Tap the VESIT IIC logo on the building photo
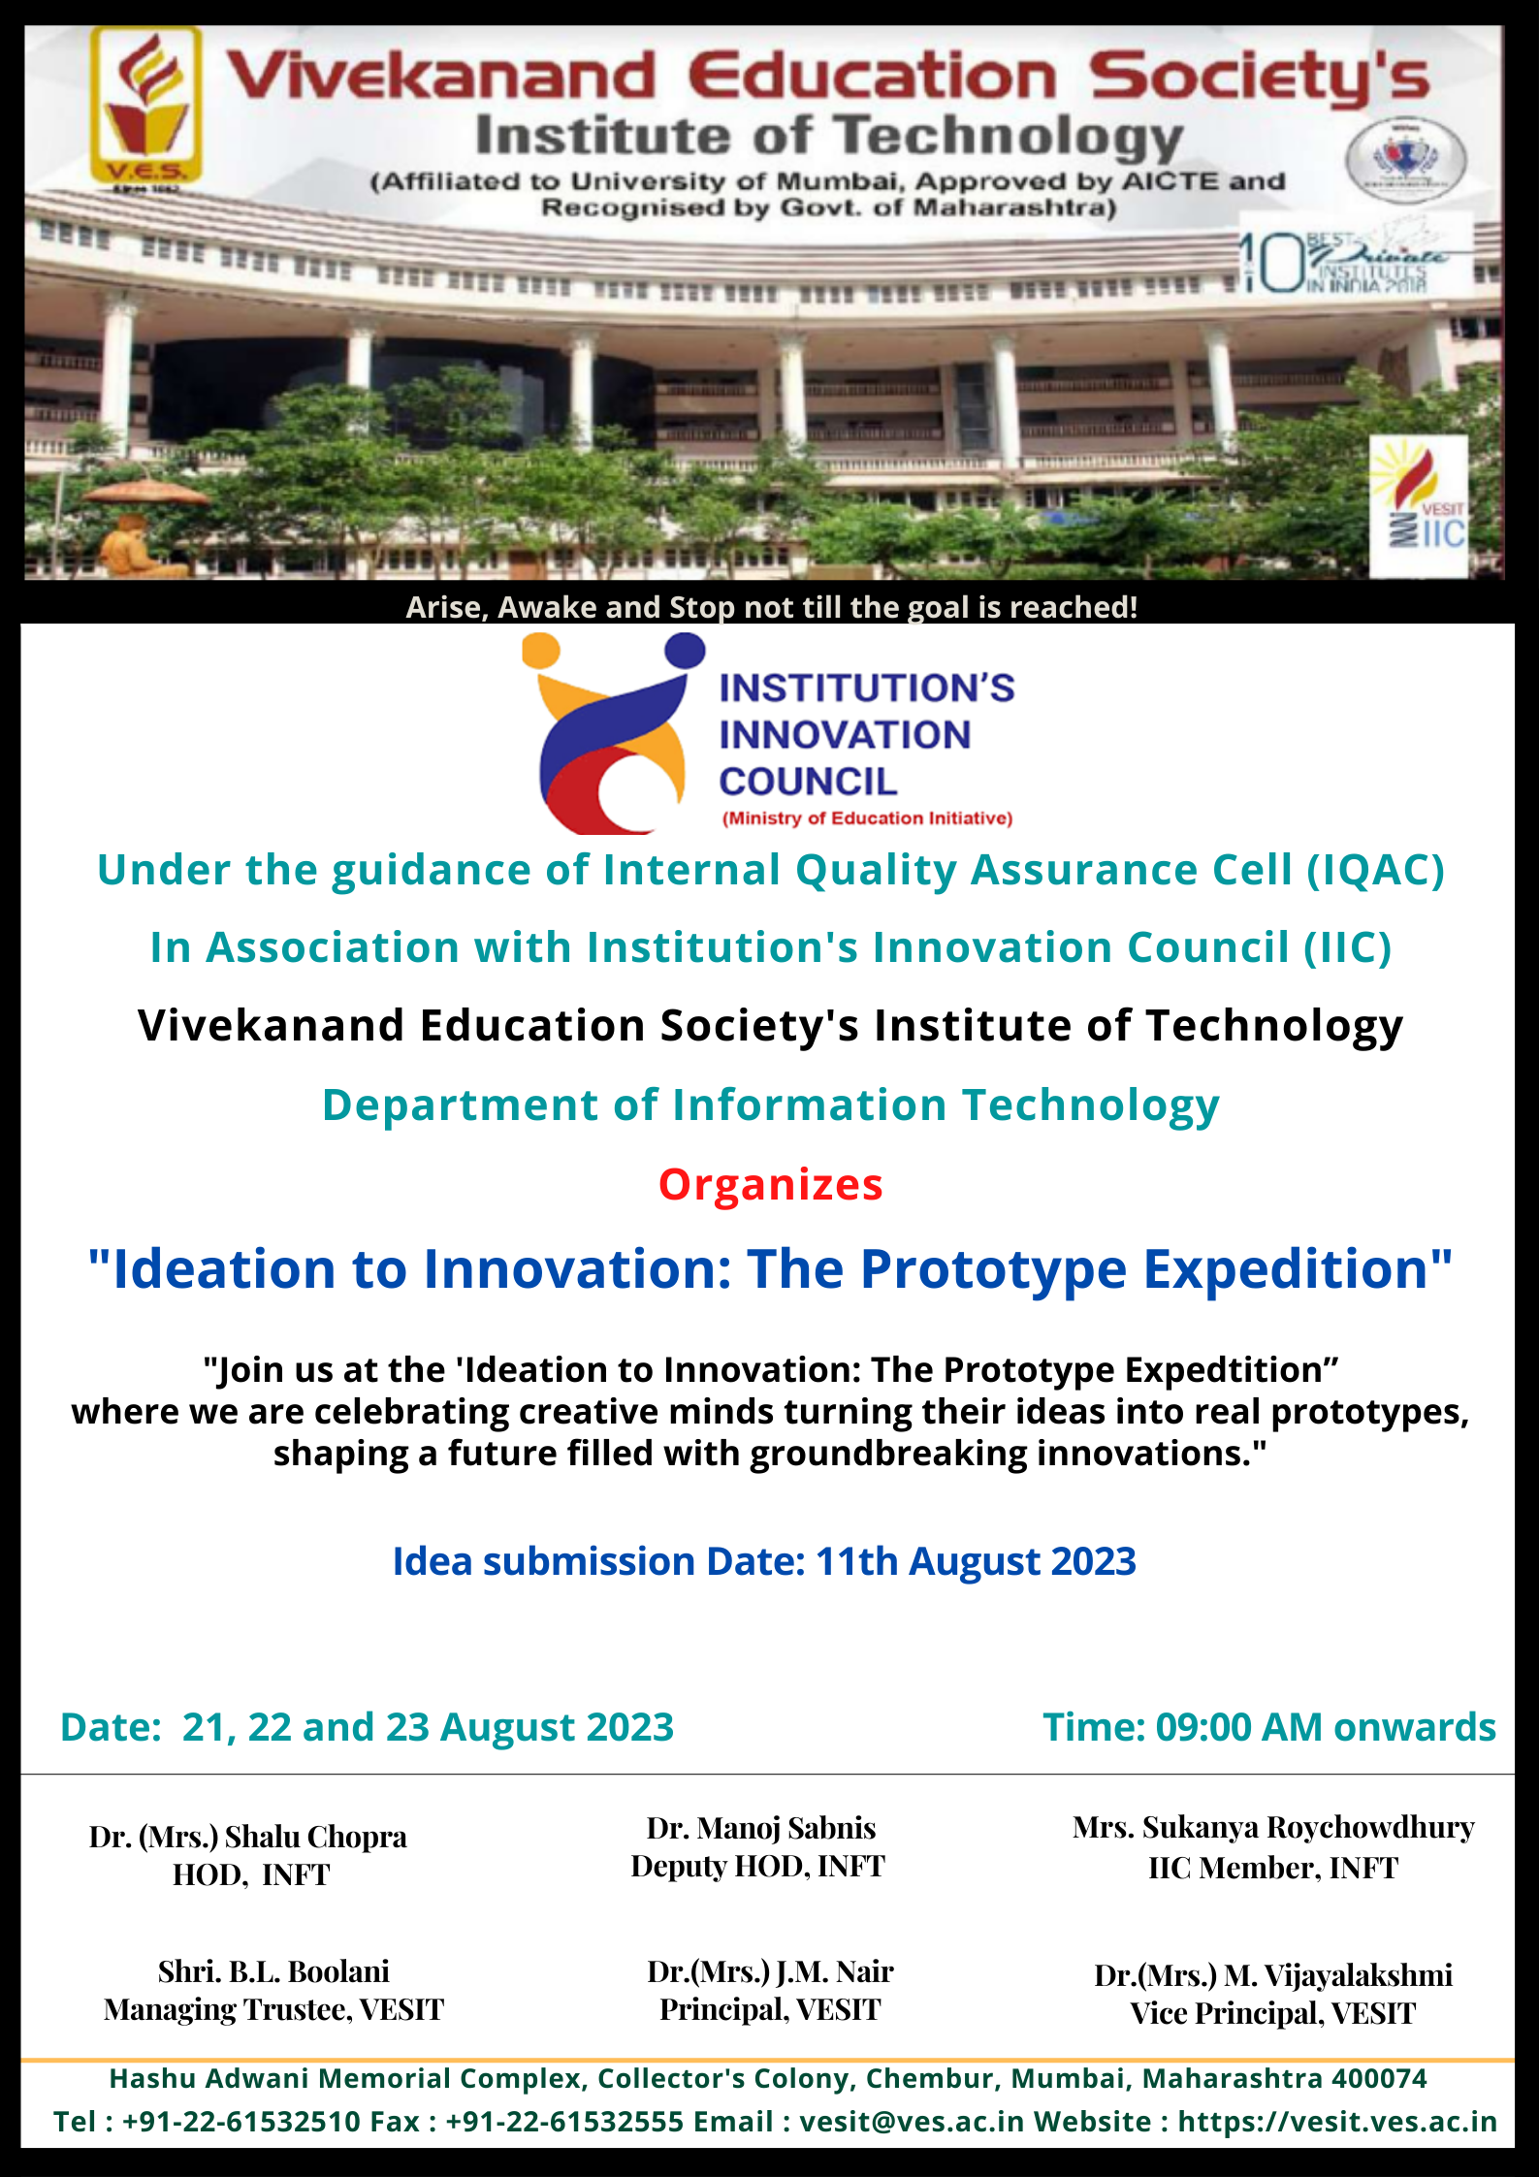pyautogui.click(x=1418, y=506)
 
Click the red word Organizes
pyautogui.click(x=771, y=1185)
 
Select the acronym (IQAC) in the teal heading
pyautogui.click(x=1375, y=870)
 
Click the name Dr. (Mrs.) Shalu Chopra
pyautogui.click(x=248, y=1838)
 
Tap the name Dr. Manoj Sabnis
pyautogui.click(x=761, y=1828)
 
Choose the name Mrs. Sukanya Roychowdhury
pyautogui.click(x=1273, y=1828)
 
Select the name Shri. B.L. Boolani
pyautogui.click(x=273, y=1971)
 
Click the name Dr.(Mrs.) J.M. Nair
pyautogui.click(x=770, y=1971)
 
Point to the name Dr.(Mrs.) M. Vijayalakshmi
pyautogui.click(x=1273, y=1975)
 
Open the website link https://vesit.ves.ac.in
pyautogui.click(x=1337, y=2122)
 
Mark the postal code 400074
pyautogui.click(x=1379, y=2078)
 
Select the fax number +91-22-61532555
pyautogui.click(x=564, y=2122)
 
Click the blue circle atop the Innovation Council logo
pyautogui.click(x=685, y=651)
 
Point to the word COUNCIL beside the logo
pyautogui.click(x=808, y=782)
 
